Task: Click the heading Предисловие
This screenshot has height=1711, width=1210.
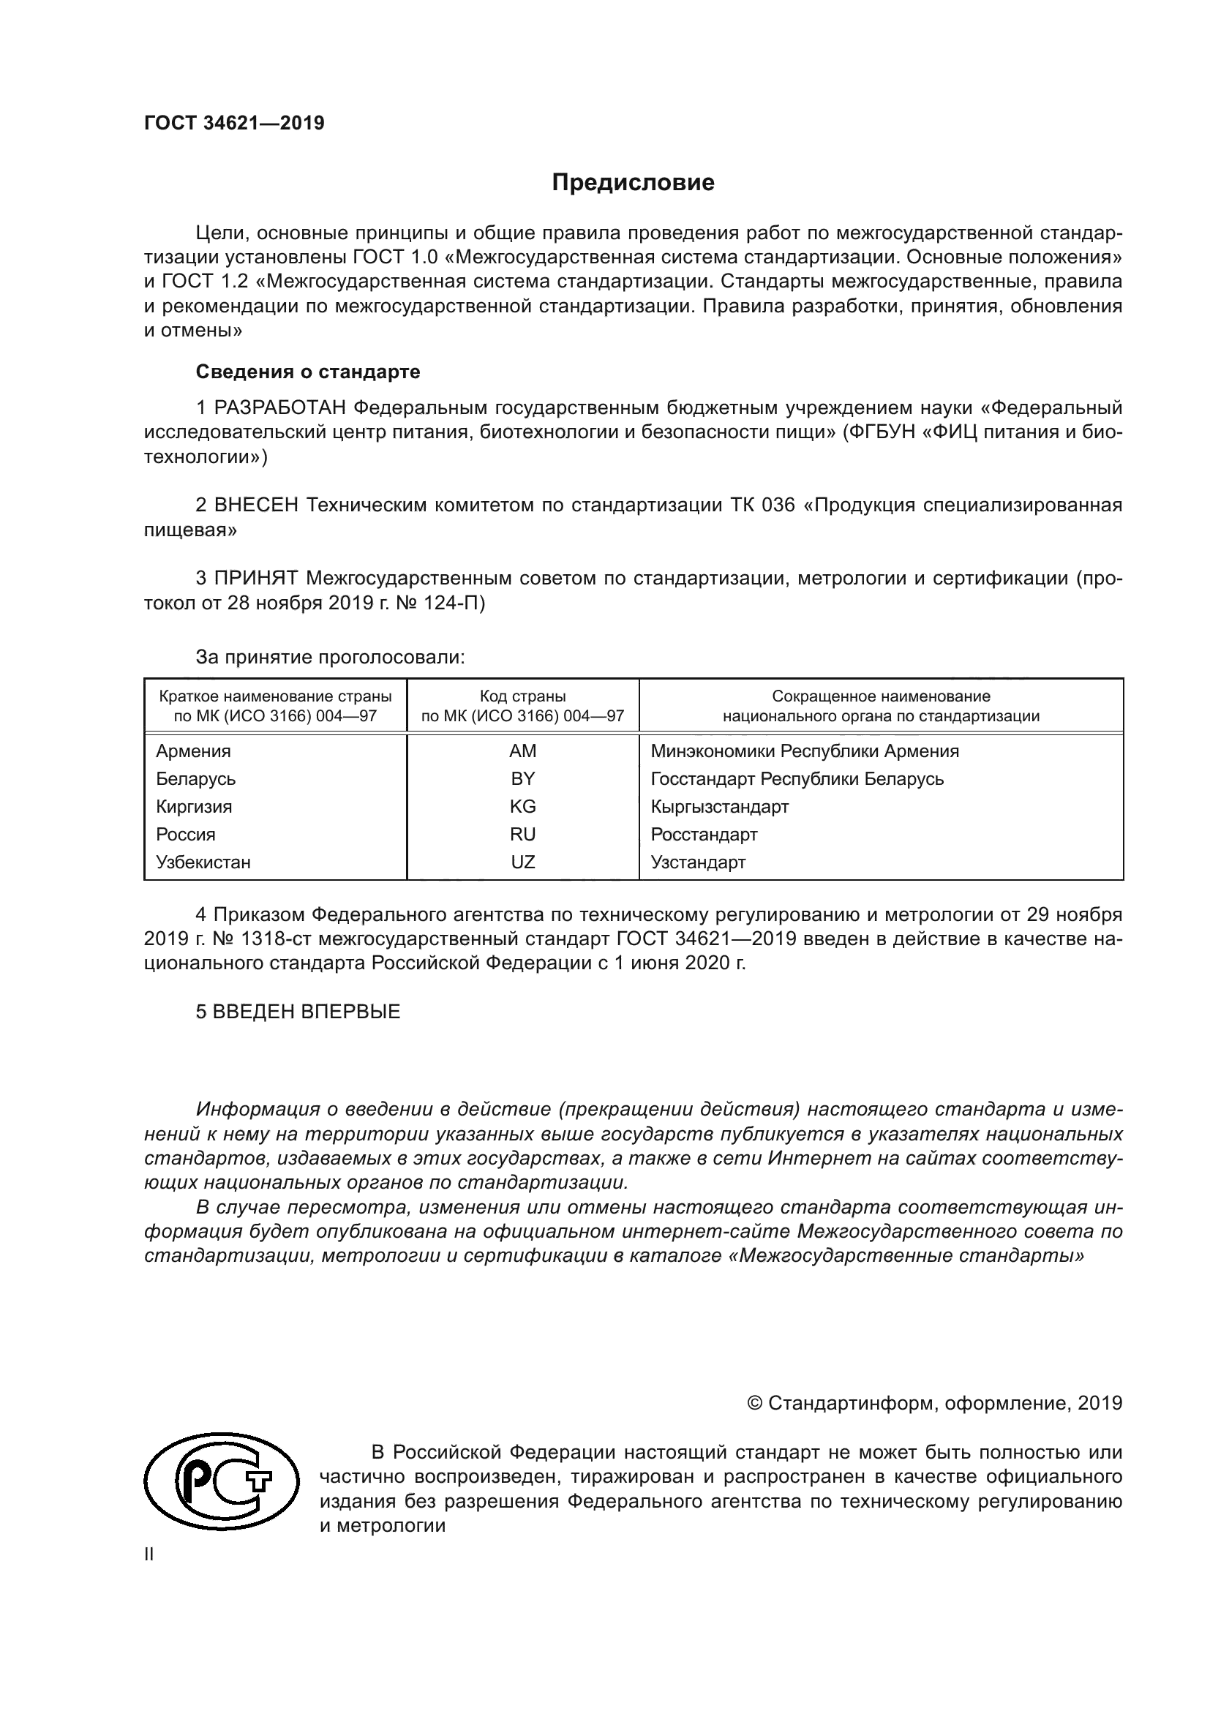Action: click(633, 183)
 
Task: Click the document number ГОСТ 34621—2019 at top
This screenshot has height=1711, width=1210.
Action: click(234, 124)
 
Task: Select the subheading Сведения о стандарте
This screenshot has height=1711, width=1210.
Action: click(308, 371)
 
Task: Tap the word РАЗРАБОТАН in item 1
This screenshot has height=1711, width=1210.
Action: click(279, 407)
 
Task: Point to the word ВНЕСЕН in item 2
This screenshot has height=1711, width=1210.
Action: click(255, 505)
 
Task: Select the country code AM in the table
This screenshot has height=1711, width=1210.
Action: click(522, 751)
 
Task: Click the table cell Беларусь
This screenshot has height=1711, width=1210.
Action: click(196, 779)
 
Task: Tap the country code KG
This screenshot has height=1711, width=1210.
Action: click(522, 806)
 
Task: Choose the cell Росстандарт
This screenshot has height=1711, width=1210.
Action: click(704, 835)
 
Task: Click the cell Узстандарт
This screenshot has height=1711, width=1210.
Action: click(698, 862)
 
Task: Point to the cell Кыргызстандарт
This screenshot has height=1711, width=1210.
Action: click(720, 806)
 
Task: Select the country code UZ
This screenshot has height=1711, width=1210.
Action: click(522, 862)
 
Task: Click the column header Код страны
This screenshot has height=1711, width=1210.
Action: click(522, 696)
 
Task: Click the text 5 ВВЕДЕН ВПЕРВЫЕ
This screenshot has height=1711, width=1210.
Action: click(298, 1011)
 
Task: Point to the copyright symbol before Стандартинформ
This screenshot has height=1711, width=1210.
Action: click(754, 1403)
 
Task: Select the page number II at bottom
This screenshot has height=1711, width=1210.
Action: click(149, 1554)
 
